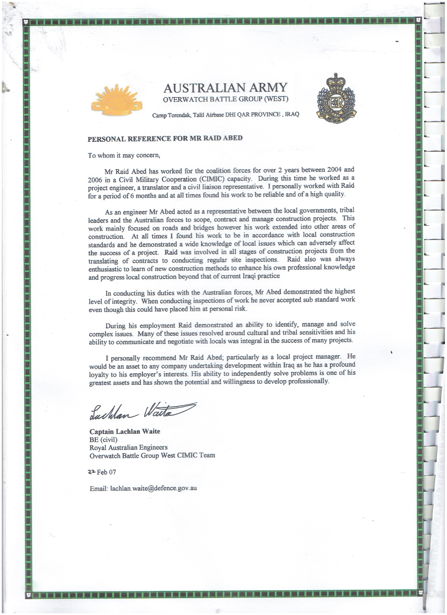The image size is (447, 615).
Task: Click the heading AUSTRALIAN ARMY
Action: point(225,88)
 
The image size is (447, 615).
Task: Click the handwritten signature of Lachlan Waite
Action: point(142,412)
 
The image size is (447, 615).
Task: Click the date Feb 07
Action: point(106,472)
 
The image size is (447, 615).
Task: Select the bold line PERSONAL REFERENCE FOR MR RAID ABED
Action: point(165,138)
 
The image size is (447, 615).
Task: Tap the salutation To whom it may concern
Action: point(124,155)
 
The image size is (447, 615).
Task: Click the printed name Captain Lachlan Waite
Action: point(125,431)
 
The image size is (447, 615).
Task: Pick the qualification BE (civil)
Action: point(103,440)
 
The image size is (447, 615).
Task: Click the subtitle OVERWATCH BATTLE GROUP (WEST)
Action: point(225,99)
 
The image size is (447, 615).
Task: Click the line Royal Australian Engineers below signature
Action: point(129,447)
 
